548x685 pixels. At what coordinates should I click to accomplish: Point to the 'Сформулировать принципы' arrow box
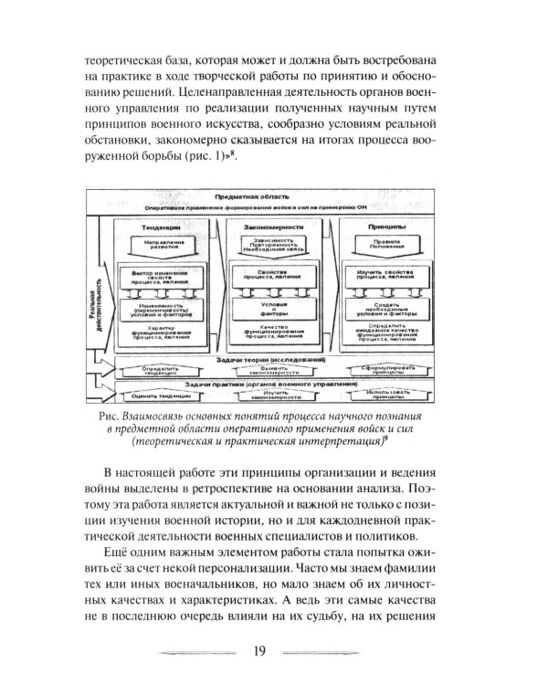(378, 371)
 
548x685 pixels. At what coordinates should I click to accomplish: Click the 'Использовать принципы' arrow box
(378, 397)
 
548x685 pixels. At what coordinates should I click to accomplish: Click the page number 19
(257, 651)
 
